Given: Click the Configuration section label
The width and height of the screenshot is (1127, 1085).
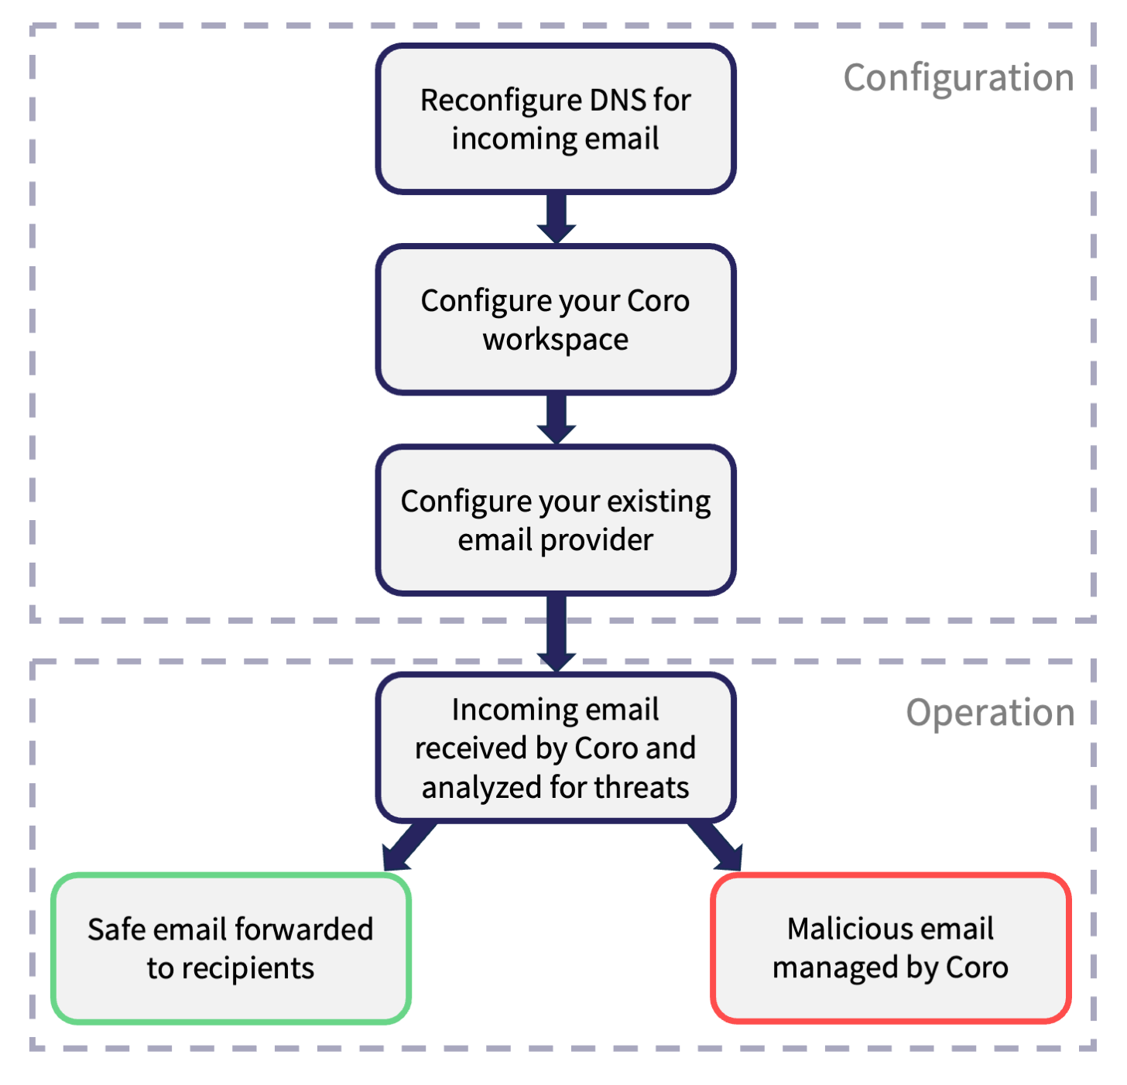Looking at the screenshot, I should point(958,78).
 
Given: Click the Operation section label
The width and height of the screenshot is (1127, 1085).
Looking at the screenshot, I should point(990,713).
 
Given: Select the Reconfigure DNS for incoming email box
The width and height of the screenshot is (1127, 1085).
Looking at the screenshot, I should point(555,118).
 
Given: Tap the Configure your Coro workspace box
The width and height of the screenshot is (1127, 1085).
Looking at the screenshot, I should point(555,319).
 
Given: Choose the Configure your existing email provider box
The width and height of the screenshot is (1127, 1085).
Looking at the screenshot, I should point(555,519).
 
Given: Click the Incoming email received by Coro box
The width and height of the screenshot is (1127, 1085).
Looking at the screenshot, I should point(555,748).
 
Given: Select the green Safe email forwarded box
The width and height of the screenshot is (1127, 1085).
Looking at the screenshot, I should point(231,948).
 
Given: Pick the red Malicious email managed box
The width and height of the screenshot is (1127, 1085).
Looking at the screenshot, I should point(890,948).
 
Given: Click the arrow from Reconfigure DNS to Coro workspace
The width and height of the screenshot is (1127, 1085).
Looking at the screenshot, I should point(556,218).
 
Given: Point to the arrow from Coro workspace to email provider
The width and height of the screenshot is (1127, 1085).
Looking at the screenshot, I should point(556,419).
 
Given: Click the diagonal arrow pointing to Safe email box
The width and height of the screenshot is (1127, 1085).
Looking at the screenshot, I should point(409,846).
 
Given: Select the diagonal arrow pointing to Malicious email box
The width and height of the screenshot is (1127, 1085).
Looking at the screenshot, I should point(716,846).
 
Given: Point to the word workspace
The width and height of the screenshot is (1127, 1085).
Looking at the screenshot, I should point(555,340).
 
